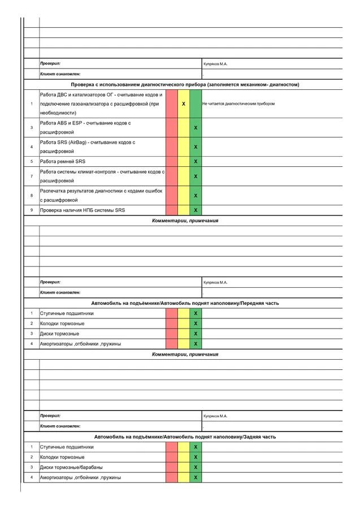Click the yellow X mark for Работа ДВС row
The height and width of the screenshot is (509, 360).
pos(184,104)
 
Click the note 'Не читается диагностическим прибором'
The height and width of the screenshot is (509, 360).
pos(238,104)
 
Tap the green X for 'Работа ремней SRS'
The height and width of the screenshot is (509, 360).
pos(196,162)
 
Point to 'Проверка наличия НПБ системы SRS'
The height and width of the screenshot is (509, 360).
pos(82,210)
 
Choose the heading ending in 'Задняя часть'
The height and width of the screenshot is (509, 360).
pos(185,437)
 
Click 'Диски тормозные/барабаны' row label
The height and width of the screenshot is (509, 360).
pos(71,467)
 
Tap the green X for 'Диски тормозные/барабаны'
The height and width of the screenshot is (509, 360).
pos(196,467)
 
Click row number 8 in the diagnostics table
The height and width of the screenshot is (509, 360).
pos(32,196)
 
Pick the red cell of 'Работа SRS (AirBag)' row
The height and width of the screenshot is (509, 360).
pos(172,147)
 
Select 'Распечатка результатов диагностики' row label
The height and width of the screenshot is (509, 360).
pos(101,195)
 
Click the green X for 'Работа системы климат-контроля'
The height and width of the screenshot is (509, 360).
pos(196,176)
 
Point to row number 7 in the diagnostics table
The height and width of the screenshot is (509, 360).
pos(32,176)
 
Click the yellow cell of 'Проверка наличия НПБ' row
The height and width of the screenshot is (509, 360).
pos(184,210)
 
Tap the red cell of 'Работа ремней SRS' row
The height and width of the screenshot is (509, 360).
pos(172,162)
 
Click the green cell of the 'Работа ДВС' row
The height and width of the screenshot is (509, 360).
pos(196,104)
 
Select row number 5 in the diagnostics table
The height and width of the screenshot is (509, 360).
pos(32,162)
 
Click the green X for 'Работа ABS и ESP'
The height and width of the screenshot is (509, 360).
pos(196,128)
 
